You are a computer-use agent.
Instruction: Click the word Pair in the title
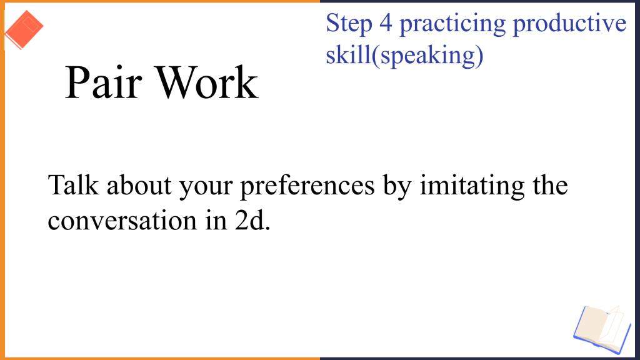coord(104,83)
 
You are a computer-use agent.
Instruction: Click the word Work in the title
coord(207,83)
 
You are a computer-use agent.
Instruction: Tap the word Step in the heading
coord(349,24)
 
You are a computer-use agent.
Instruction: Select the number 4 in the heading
coord(386,23)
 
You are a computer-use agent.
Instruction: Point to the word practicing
coord(452,24)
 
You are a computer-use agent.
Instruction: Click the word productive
coord(569,24)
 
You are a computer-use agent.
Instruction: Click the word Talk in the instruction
coord(74,185)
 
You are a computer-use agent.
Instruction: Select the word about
coord(139,185)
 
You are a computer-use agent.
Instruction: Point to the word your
coord(206,187)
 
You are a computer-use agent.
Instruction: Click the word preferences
coord(307,186)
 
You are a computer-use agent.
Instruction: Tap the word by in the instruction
coord(397,186)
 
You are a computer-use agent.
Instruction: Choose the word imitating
coord(472,186)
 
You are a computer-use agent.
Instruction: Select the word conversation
coord(122,221)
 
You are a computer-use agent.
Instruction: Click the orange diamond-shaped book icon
coord(24,30)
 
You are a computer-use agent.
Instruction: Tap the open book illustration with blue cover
coord(602,329)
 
